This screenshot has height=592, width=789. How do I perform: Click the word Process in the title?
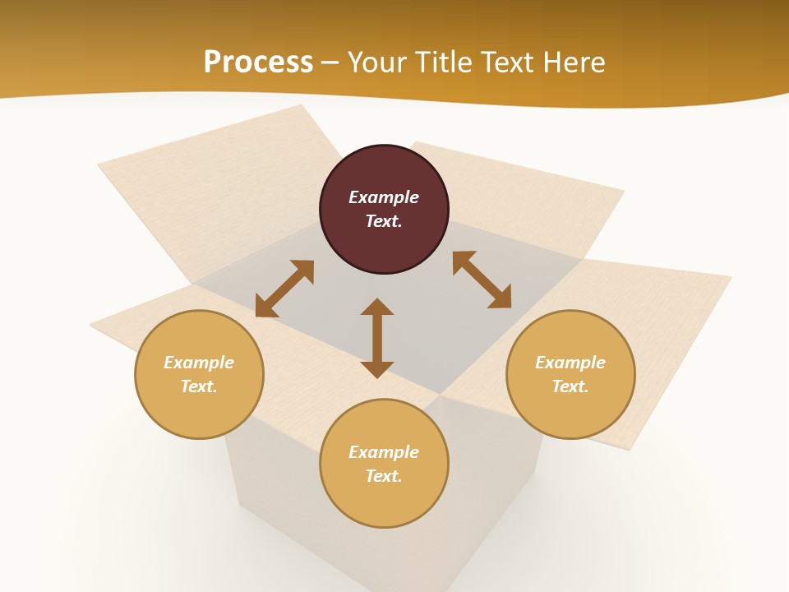click(258, 62)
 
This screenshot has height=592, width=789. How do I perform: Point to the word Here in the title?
click(570, 62)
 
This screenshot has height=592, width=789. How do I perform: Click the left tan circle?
click(199, 374)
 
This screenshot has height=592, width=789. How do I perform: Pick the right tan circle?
click(570, 374)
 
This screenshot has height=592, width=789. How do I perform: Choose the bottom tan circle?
click(384, 464)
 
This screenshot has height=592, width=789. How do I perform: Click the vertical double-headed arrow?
click(377, 338)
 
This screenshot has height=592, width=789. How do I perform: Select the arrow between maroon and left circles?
click(284, 289)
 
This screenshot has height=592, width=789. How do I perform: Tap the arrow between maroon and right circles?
click(482, 280)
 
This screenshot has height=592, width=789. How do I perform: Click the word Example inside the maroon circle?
click(384, 197)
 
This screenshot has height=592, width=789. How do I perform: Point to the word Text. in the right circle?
click(570, 386)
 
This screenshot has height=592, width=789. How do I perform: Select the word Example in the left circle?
click(199, 363)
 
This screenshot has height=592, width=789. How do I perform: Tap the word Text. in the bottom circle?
click(384, 476)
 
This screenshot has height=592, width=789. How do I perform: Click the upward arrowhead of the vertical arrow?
click(377, 307)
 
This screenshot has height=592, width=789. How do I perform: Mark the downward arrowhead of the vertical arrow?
click(377, 369)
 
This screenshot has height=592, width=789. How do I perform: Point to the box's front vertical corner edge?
click(440, 493)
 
